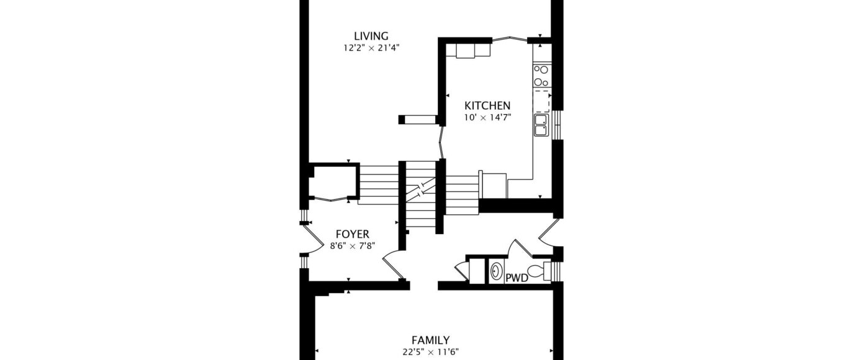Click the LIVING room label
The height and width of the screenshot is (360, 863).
371,36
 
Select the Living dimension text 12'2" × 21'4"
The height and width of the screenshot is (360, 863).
371,48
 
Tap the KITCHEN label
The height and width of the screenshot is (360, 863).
487,106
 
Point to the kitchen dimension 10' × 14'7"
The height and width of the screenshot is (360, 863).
487,117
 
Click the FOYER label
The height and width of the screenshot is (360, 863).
352,234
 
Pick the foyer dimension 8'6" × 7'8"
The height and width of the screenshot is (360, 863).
353,246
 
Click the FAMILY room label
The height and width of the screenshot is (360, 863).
430,340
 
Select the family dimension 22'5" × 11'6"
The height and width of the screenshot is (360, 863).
430,352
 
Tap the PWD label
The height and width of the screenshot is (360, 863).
517,278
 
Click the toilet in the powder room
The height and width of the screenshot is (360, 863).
540,271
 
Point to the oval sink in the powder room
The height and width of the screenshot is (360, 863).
496,271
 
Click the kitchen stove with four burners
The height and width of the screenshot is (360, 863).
541,76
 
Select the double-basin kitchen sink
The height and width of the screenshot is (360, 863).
541,125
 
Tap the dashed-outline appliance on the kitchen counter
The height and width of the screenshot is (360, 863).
541,101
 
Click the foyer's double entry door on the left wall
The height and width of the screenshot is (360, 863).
313,240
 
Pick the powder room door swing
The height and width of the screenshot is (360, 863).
520,248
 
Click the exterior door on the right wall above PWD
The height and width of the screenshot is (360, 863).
548,232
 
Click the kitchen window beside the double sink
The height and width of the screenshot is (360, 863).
557,125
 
